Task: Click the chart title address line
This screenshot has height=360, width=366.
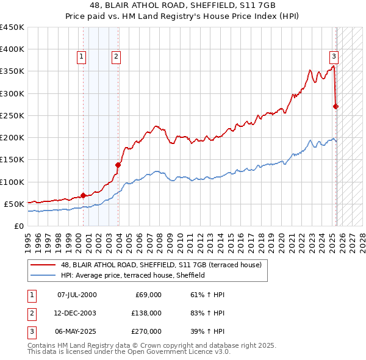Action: pos(183,5)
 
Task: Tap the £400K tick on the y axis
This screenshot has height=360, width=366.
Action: pos(12,49)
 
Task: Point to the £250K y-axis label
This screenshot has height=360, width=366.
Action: pos(12,115)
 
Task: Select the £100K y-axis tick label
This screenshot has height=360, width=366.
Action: pos(12,182)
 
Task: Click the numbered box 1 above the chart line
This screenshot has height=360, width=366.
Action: pos(81,57)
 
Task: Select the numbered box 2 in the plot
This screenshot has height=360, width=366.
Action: pos(116,57)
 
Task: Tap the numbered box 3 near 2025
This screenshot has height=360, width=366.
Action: pos(334,57)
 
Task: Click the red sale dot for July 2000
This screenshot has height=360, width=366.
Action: pos(83,195)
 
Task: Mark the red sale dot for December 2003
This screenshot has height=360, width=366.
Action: pos(118,165)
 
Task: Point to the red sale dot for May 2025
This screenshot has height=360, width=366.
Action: pos(335,106)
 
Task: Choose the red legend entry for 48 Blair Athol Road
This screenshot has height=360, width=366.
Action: pos(161,265)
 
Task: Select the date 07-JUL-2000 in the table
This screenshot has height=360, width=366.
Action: pos(77,295)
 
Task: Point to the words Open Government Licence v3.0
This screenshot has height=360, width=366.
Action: pos(183,351)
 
